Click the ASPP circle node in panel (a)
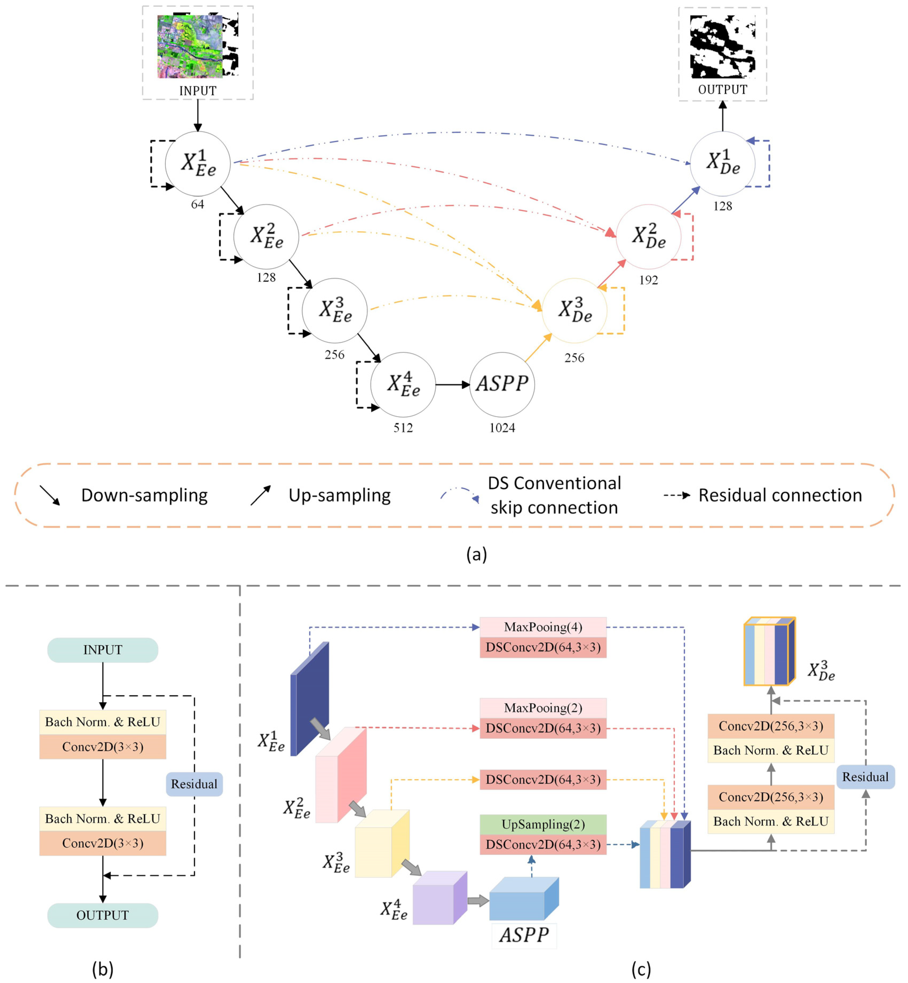point(502,384)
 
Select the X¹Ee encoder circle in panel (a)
point(197,163)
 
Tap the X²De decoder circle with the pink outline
point(648,236)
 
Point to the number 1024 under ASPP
point(502,428)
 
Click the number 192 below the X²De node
point(648,280)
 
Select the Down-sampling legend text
point(144,495)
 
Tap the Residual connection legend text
point(780,495)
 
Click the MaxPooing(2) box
point(543,708)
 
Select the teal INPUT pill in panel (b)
point(103,650)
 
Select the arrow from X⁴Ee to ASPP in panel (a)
point(452,384)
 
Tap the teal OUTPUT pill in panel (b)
point(103,915)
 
